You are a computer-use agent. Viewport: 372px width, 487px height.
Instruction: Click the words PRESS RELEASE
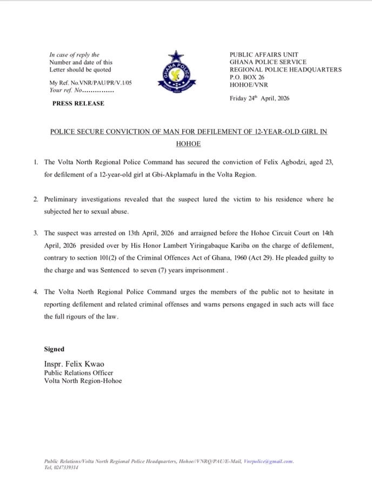point(78,103)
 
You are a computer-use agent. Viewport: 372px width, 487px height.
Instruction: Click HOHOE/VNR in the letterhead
point(247,85)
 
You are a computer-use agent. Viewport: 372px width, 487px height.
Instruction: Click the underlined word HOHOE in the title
point(188,144)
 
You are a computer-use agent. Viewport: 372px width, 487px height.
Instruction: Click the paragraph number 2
point(35,199)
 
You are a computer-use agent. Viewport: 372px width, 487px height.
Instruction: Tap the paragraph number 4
point(35,291)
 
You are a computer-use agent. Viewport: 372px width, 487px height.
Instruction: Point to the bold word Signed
point(54,350)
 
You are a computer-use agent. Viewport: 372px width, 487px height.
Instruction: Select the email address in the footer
point(268,462)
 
